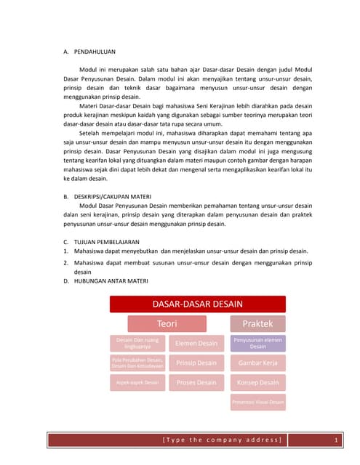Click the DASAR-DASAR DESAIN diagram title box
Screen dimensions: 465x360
tap(197, 304)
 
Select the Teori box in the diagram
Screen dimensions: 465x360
tap(167, 323)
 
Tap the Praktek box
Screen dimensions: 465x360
tap(258, 323)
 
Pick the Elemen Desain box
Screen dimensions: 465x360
tap(196, 343)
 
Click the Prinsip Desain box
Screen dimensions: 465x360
tap(196, 363)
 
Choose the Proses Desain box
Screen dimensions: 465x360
tap(196, 382)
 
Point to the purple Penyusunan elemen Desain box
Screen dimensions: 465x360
tap(258, 343)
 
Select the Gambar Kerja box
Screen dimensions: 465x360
tap(258, 363)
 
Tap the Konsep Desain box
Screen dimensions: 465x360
tap(258, 382)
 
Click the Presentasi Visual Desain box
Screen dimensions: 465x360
tap(258, 402)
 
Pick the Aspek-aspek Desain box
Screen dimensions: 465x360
tap(137, 382)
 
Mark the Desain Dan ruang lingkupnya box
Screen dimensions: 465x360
tap(137, 343)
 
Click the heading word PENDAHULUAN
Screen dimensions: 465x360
tap(95, 52)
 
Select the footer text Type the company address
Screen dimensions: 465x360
tap(222, 440)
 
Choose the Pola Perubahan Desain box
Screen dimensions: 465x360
tap(137, 363)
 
